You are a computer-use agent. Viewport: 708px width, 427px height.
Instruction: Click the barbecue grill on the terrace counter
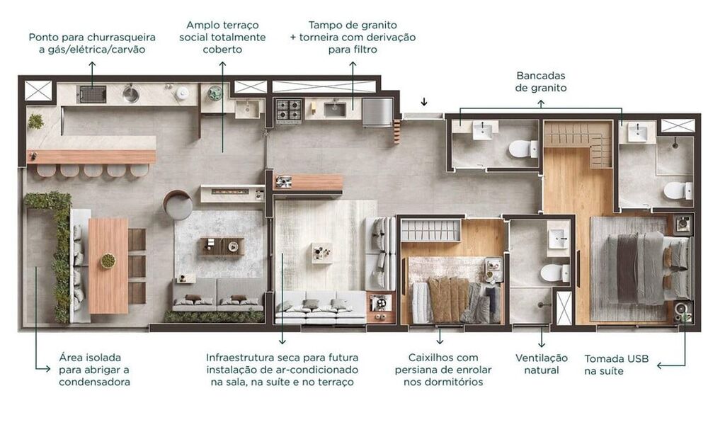tap(91, 94)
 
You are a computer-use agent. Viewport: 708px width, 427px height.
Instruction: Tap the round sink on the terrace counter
tap(131, 94)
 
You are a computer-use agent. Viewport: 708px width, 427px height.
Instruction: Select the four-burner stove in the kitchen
tap(289, 110)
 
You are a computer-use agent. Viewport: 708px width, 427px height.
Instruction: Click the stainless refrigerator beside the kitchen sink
tap(377, 111)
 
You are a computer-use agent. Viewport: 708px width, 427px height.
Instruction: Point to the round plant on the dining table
tap(108, 261)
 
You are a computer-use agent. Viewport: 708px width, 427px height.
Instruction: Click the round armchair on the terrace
tap(178, 205)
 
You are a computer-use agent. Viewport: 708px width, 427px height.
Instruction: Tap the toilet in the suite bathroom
tap(677, 190)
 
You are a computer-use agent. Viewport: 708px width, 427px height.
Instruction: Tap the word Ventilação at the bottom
tap(542, 358)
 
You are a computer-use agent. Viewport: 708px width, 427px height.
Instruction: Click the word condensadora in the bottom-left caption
tap(94, 382)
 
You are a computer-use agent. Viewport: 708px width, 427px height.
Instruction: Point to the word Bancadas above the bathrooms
tap(541, 75)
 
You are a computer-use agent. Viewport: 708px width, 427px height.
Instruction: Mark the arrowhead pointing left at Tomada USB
tap(660, 365)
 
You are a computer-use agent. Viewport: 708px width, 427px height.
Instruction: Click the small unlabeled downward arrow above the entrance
tap(424, 101)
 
